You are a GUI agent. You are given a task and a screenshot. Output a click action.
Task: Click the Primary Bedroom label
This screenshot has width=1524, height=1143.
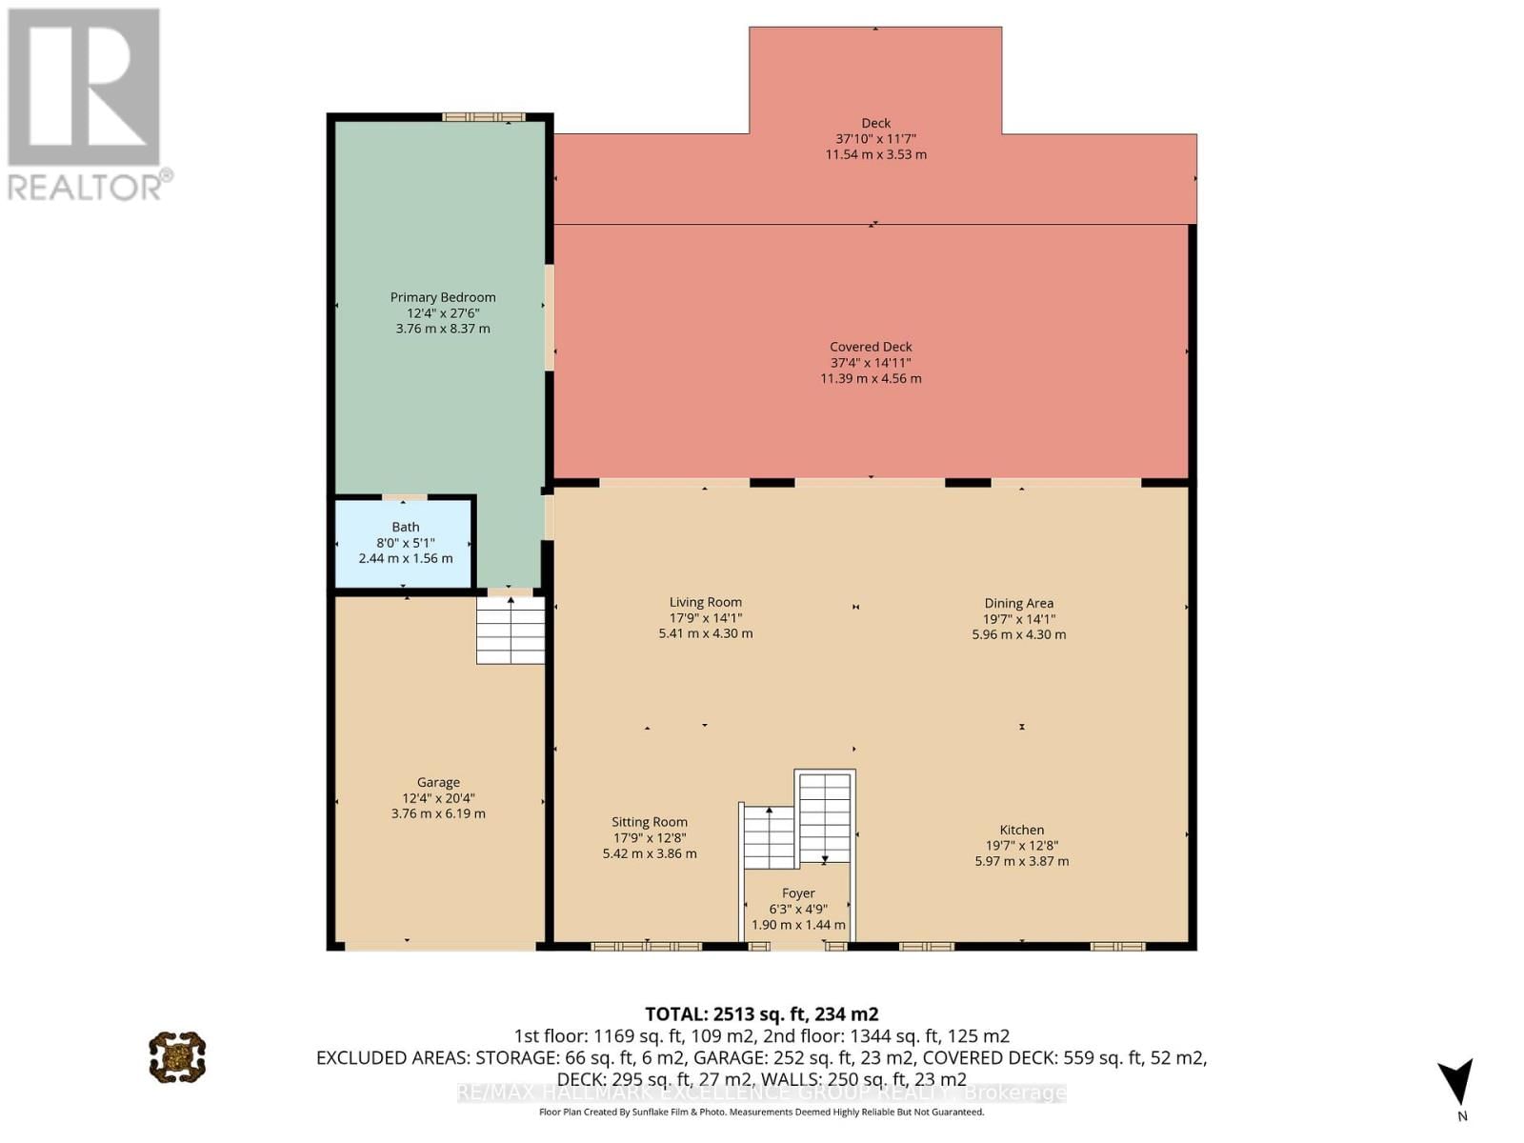point(443,297)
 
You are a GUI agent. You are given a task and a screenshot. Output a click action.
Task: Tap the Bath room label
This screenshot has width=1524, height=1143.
point(406,527)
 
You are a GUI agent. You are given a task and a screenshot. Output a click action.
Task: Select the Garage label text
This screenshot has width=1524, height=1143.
point(438,782)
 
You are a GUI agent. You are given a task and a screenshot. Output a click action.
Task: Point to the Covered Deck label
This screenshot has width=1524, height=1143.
point(871,347)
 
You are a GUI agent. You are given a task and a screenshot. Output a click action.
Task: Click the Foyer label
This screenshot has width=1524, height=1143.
point(798,893)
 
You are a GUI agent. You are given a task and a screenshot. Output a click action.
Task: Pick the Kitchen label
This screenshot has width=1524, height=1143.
point(1021,830)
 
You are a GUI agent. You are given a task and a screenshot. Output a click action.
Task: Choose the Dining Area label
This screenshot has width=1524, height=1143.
point(1018,603)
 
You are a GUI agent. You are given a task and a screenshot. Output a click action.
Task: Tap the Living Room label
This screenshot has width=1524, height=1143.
point(705,602)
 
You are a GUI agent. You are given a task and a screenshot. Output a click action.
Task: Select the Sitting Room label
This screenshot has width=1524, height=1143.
point(650,822)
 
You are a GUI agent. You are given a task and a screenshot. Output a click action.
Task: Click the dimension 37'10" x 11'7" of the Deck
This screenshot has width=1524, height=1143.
point(875,138)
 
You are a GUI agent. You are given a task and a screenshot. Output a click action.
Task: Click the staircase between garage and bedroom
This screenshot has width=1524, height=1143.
point(511,630)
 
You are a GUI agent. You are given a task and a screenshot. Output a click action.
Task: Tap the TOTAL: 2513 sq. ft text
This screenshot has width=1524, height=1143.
point(761,1013)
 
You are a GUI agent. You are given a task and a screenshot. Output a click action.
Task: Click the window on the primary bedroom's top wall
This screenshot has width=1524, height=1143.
point(483,117)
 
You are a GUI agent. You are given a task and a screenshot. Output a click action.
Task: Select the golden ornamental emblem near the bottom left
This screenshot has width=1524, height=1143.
point(177,1056)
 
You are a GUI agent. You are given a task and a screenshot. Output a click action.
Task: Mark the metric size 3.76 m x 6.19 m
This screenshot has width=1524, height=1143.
point(438,813)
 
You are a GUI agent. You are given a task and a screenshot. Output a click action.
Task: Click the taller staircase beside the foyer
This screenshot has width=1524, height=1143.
point(825,817)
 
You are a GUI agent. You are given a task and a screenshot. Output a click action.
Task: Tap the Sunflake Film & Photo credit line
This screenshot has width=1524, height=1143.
point(761,1112)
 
